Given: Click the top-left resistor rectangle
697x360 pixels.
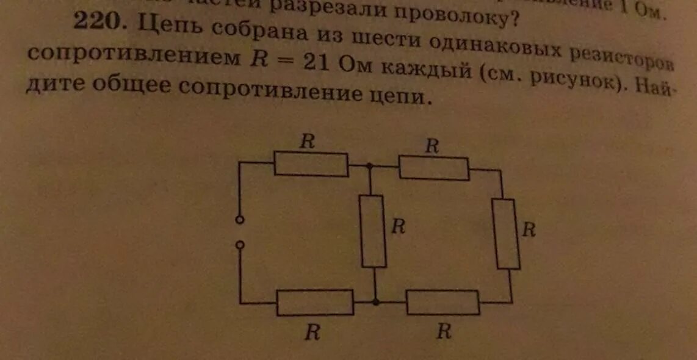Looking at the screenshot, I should [311, 164].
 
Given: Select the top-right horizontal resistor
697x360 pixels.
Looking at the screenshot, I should [434, 168].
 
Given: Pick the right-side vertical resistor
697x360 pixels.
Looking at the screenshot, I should [507, 234].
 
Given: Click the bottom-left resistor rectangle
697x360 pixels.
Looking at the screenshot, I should [314, 303].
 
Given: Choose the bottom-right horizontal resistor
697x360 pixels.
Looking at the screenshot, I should [442, 303].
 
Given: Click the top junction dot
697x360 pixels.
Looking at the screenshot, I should [369, 165].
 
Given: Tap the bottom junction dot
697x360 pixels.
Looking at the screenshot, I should [375, 301].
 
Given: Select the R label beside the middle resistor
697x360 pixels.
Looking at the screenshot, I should [398, 226].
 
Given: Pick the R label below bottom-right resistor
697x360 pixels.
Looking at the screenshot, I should [444, 331].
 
